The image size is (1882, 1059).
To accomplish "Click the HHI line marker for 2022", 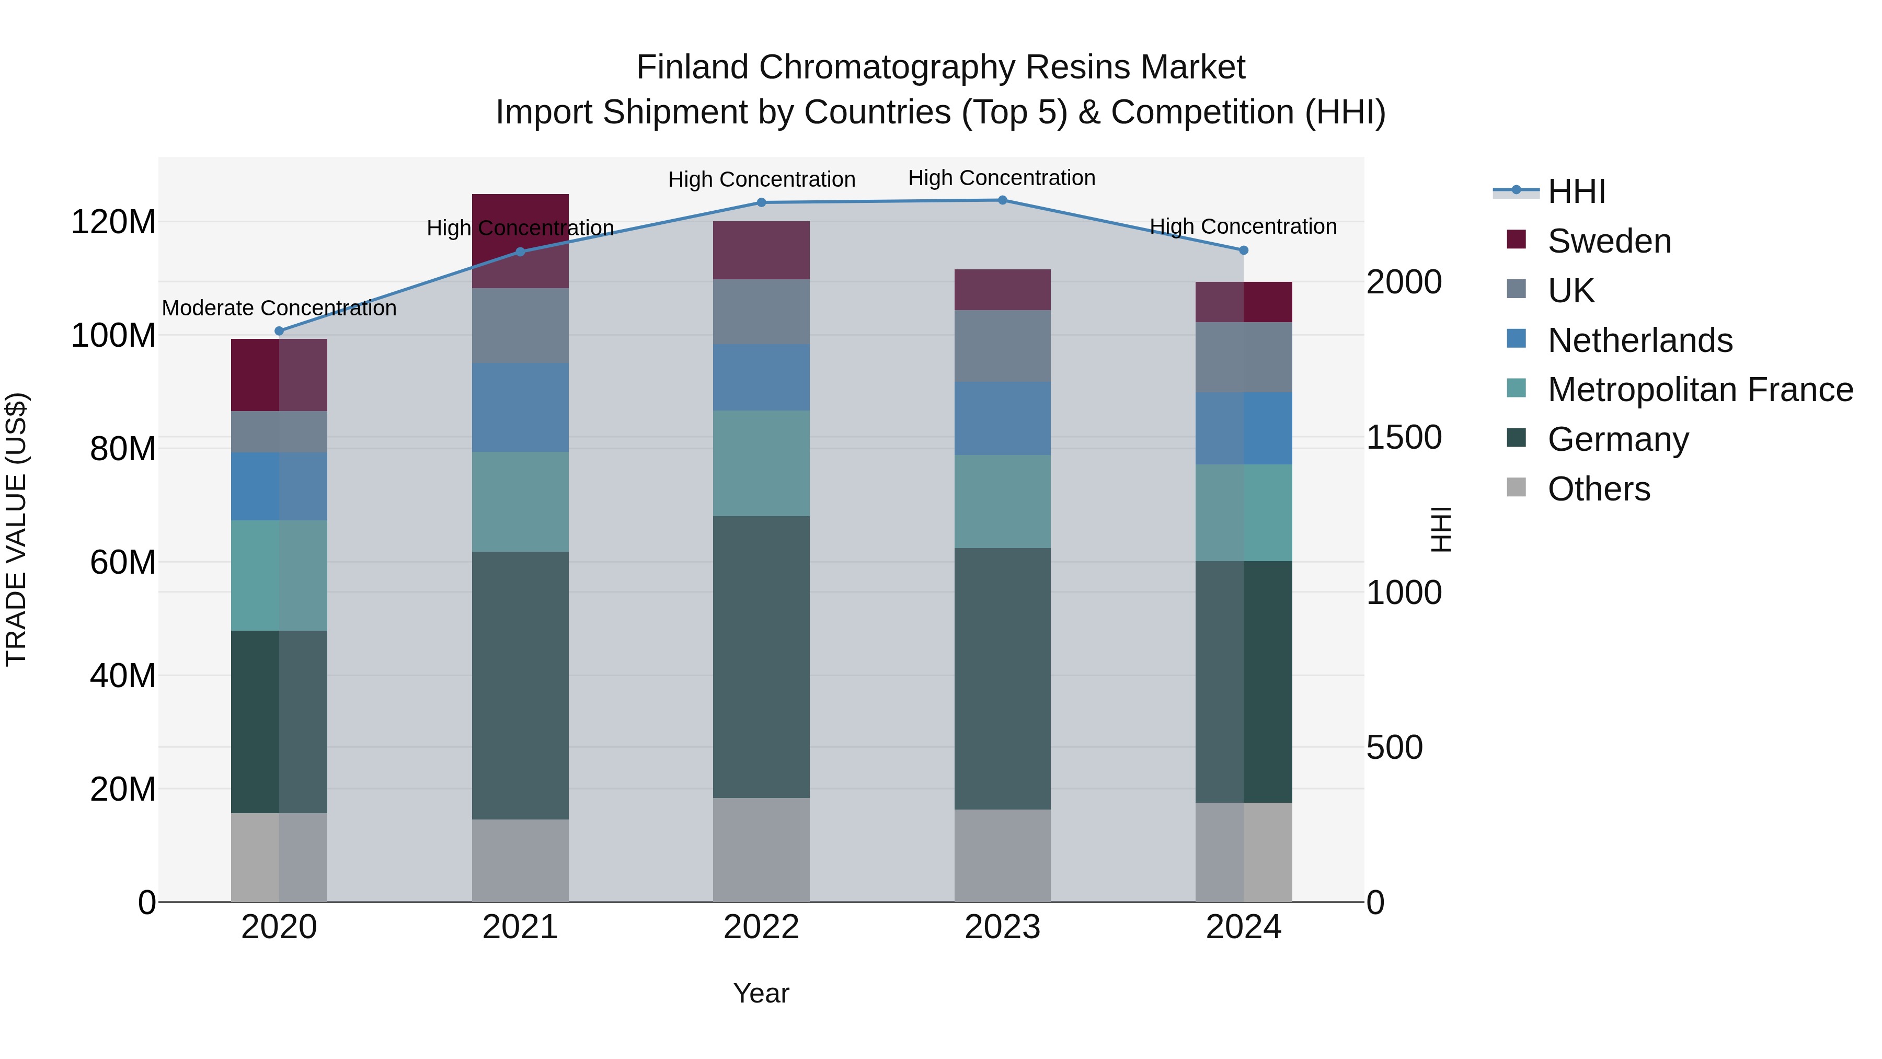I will pyautogui.click(x=761, y=202).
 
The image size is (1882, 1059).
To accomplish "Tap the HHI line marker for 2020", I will pyautogui.click(x=279, y=331).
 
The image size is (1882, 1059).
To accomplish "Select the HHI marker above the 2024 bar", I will pyautogui.click(x=1244, y=250).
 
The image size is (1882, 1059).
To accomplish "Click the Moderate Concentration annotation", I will pyautogui.click(x=279, y=309).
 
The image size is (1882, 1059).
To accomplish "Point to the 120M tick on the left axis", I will pyautogui.click(x=113, y=222).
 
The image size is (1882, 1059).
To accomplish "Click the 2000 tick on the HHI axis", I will pyautogui.click(x=1404, y=283).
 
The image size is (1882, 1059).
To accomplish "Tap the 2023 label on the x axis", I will pyautogui.click(x=1002, y=927).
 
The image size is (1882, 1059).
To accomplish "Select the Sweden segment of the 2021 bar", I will pyautogui.click(x=520, y=241).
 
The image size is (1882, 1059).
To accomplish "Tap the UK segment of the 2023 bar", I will pyautogui.click(x=1002, y=346).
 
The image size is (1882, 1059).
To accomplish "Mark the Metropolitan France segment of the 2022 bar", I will pyautogui.click(x=761, y=463).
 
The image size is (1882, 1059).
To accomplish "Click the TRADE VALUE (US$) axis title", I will pyautogui.click(x=16, y=529).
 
